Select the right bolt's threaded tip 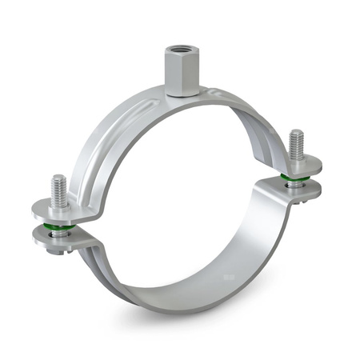tap(297, 142)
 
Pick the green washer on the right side tap(296, 182)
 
